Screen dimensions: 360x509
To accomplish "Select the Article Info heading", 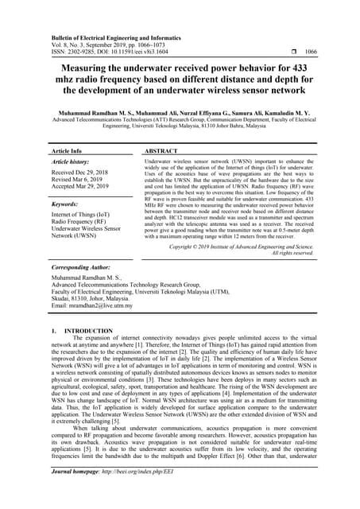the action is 67,150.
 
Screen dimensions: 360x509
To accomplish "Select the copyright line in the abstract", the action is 242,247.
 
